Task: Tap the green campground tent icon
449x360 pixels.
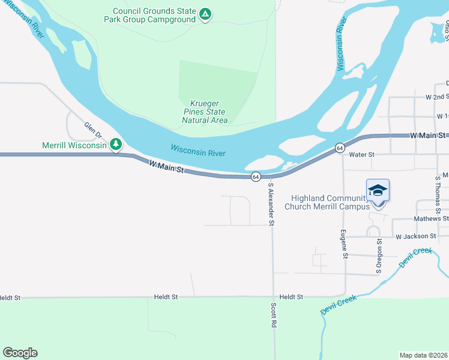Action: [205, 13]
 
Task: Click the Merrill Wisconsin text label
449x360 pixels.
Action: [74, 145]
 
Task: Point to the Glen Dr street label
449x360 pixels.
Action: [93, 131]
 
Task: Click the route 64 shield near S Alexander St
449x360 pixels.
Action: [256, 176]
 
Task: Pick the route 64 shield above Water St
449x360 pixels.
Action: [340, 148]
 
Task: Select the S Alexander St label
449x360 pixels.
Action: [271, 205]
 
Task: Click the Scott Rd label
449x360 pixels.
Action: [273, 314]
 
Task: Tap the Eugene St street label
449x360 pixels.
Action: [344, 244]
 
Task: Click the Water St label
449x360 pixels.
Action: [362, 155]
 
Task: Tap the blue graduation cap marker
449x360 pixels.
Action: [378, 190]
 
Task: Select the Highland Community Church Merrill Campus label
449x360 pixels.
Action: [328, 203]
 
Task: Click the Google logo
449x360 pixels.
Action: [20, 353]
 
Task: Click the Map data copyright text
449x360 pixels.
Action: [424, 355]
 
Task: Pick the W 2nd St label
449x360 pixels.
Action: [438, 97]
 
